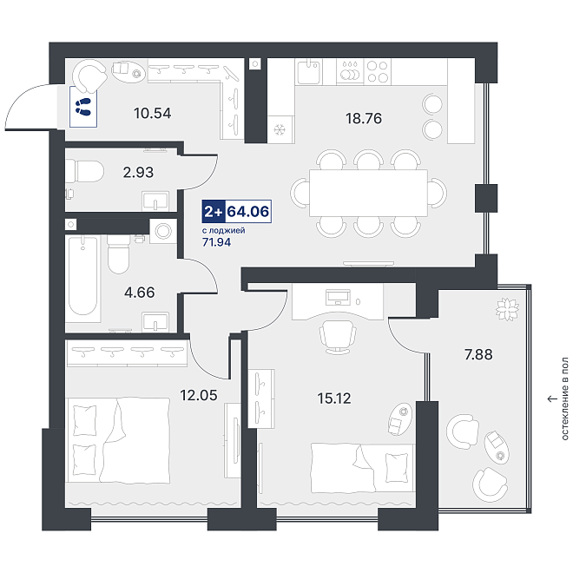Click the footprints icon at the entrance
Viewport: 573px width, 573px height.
click(x=83, y=106)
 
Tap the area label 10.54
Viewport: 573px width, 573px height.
click(x=153, y=113)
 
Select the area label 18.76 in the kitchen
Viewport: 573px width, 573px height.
click(x=364, y=118)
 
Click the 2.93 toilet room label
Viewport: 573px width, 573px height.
click(x=138, y=172)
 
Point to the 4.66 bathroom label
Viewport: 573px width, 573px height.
click(x=139, y=293)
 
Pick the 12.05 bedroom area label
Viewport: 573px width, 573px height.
click(x=199, y=395)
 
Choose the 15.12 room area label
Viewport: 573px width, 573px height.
click(x=334, y=398)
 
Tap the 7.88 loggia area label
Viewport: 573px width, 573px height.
click(x=478, y=354)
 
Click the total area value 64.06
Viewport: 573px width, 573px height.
click(x=248, y=211)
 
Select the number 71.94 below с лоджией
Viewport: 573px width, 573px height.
click(x=217, y=242)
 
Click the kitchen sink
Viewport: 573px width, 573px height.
click(x=309, y=72)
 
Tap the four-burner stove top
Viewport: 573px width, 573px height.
click(x=378, y=71)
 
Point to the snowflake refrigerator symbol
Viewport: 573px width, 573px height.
click(x=280, y=129)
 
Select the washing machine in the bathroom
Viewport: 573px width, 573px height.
click(x=163, y=231)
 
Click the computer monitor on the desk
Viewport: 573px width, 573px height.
click(x=338, y=297)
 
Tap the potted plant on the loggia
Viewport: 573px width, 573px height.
click(x=507, y=309)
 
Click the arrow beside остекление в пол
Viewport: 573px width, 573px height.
click(x=552, y=399)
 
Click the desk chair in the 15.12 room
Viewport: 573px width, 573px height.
click(x=338, y=338)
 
